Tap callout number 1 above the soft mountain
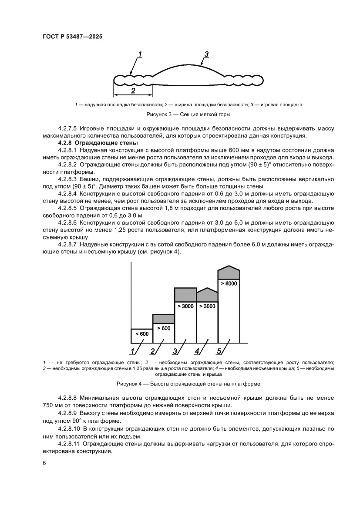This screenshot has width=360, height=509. (x=140, y=54)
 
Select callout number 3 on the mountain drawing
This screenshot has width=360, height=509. (x=207, y=54)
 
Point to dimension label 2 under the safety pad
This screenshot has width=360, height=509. (x=133, y=91)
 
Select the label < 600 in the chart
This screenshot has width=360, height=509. (x=142, y=334)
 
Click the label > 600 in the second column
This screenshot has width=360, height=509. (x=163, y=328)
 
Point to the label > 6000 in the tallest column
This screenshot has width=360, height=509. (x=229, y=283)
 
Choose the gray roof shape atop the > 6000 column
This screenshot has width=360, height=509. (x=229, y=273)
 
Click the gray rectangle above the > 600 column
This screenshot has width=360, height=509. (x=163, y=319)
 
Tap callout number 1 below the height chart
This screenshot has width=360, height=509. (x=132, y=351)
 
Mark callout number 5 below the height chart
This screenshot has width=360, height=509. (x=219, y=351)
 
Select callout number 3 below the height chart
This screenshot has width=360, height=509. (x=175, y=351)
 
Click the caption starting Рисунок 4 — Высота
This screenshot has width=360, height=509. (x=188, y=384)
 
